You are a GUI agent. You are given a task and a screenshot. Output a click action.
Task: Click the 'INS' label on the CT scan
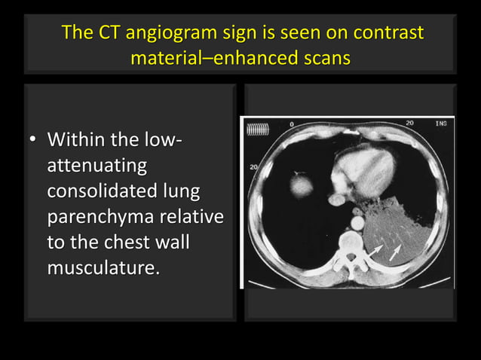point(440,123)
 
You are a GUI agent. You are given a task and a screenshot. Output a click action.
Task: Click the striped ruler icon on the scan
point(257,130)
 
